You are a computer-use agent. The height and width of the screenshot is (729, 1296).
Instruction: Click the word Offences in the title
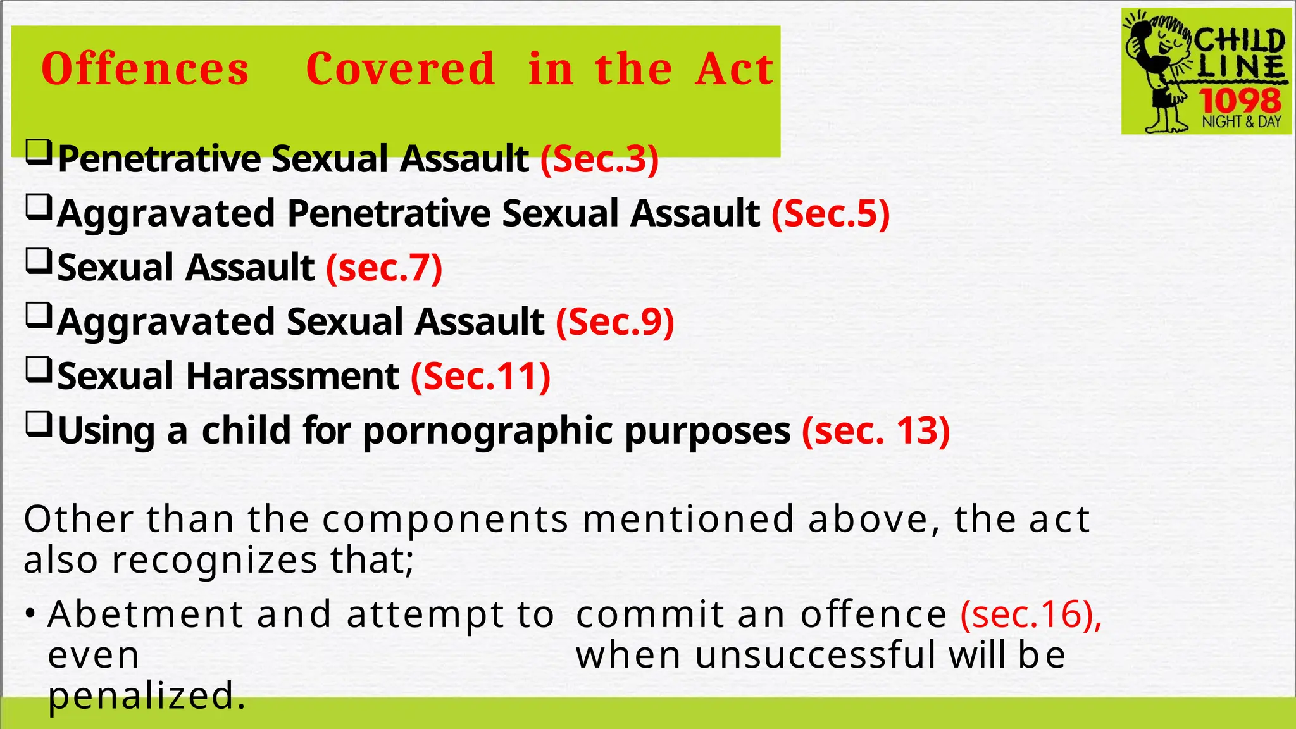point(145,69)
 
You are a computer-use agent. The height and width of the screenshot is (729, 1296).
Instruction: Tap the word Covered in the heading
point(400,69)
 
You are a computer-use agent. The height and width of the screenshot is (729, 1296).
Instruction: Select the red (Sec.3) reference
point(599,159)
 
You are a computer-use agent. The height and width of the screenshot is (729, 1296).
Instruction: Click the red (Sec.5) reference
point(830,213)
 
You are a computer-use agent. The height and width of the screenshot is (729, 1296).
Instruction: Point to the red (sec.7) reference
point(384,268)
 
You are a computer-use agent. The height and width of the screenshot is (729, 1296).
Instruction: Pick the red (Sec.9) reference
point(614,322)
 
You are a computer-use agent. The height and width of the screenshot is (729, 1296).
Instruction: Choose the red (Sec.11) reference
point(480,377)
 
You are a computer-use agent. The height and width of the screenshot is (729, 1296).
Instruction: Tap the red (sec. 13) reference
point(876,431)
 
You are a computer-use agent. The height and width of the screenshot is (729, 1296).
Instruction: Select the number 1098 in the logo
point(1240,101)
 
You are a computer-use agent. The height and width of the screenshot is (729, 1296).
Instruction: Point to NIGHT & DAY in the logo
point(1241,121)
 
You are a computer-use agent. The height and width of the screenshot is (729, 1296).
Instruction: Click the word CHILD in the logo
point(1239,40)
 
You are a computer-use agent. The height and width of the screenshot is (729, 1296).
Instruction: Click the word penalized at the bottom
point(146,696)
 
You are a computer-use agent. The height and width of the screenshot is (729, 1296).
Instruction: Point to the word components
point(445,520)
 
